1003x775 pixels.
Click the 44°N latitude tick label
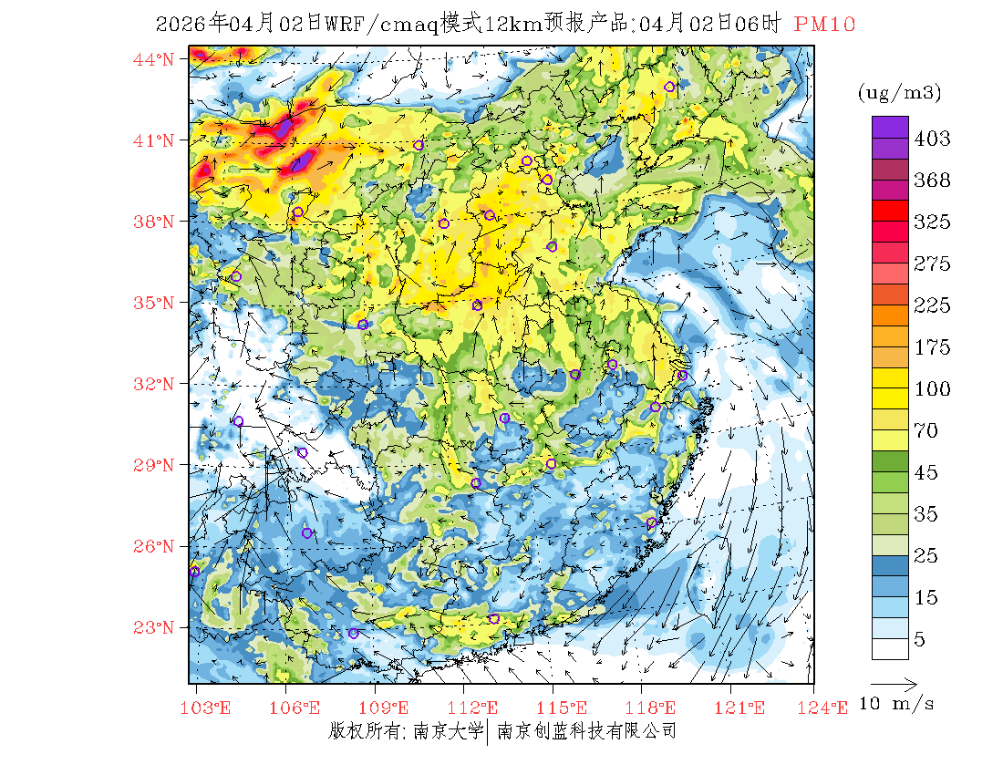(x=154, y=60)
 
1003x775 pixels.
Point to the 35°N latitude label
(x=154, y=303)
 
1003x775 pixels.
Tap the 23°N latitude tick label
(x=154, y=627)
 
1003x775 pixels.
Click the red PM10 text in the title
(x=824, y=25)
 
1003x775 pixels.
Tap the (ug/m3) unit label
(x=898, y=92)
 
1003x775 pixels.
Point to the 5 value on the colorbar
(x=920, y=640)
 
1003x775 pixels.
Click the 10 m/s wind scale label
(x=897, y=704)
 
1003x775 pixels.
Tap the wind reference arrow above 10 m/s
(x=893, y=682)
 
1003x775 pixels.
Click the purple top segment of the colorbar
(x=889, y=127)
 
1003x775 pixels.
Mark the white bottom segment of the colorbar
(x=889, y=648)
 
